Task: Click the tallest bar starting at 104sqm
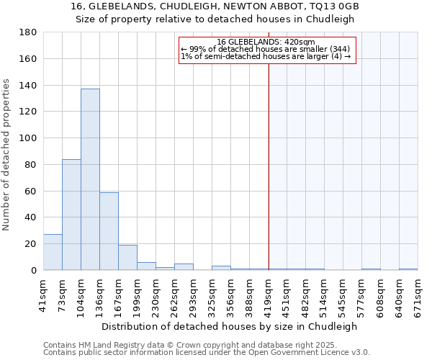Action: tap(90, 179)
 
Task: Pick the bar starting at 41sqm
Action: tap(53, 252)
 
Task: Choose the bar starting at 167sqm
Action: tap(127, 257)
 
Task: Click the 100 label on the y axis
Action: tap(28, 138)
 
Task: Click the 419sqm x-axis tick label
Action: tap(269, 295)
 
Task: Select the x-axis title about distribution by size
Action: tap(229, 326)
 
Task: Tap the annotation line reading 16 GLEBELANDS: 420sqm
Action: tap(266, 42)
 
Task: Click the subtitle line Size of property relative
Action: tap(215, 19)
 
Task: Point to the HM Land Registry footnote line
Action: tap(206, 346)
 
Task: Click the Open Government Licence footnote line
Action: tap(206, 353)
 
